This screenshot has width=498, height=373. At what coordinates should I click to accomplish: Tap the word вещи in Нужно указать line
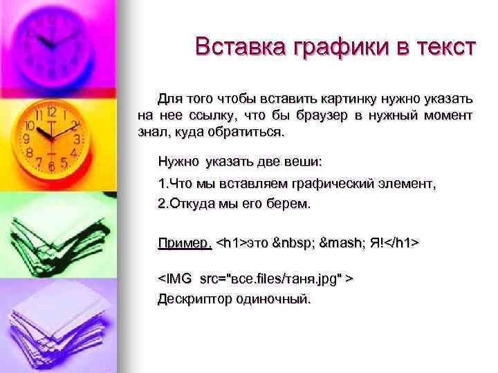pyautogui.click(x=304, y=162)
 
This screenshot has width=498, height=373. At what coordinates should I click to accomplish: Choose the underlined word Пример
pyautogui.click(x=185, y=243)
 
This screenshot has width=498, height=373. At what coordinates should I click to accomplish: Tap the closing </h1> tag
pyautogui.click(x=403, y=243)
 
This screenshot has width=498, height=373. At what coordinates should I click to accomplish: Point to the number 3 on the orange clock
pyautogui.click(x=77, y=139)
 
